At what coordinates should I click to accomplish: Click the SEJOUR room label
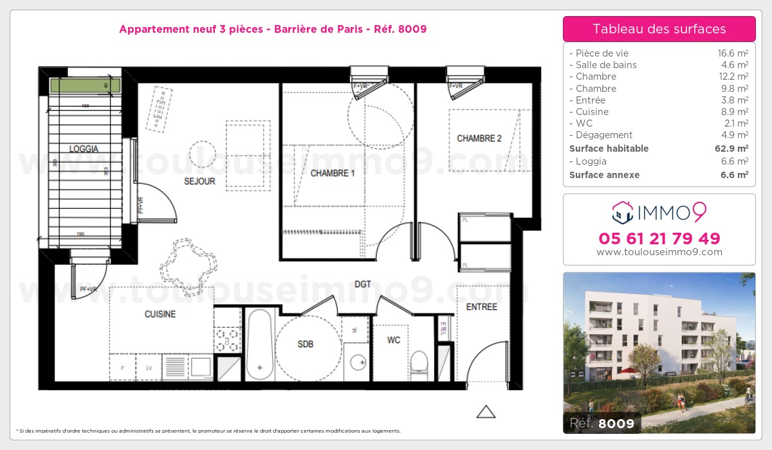click(199, 181)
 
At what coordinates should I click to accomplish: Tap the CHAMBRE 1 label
click(333, 173)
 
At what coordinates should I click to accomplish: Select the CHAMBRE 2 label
click(479, 138)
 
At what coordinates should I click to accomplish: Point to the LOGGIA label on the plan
click(84, 148)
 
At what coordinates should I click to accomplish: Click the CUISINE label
click(160, 314)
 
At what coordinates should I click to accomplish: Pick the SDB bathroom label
click(306, 344)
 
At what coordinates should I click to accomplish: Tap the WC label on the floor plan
click(394, 339)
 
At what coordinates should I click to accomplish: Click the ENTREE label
click(481, 307)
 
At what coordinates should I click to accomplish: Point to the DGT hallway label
click(363, 283)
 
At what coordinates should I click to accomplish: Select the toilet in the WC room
click(419, 361)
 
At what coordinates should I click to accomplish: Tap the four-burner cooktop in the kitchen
click(228, 339)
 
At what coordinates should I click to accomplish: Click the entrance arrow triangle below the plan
click(486, 411)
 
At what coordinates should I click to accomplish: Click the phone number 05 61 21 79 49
click(659, 239)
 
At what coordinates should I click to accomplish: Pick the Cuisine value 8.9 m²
click(733, 112)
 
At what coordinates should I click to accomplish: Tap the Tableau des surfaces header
click(659, 29)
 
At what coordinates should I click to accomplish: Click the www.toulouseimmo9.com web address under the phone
click(659, 252)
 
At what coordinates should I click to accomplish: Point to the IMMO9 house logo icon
click(621, 210)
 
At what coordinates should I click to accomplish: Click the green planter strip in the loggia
click(85, 85)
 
